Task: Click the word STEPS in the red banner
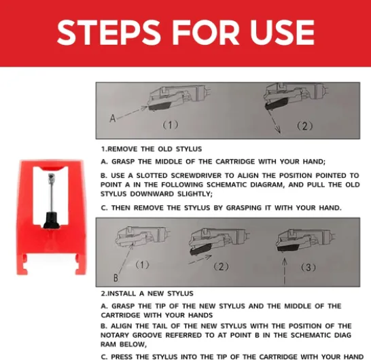click(107, 33)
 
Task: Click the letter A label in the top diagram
click(113, 118)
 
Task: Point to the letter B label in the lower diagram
click(116, 278)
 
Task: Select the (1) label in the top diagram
click(171, 125)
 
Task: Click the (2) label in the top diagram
click(304, 126)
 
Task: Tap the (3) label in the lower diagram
click(308, 268)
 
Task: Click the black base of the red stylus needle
click(51, 221)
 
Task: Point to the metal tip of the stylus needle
click(52, 176)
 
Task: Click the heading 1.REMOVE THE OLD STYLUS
click(152, 149)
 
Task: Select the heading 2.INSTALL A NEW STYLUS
click(147, 293)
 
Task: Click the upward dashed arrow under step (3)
click(285, 270)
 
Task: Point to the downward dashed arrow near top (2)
click(274, 122)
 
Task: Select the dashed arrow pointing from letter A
click(132, 112)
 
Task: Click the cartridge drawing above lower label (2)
click(219, 242)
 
